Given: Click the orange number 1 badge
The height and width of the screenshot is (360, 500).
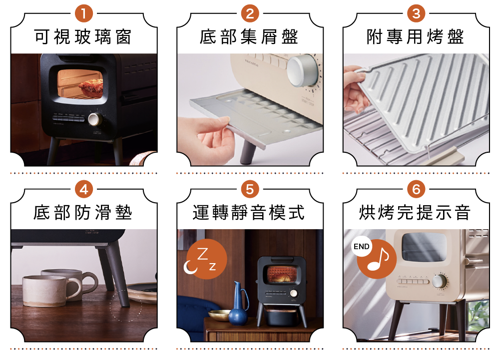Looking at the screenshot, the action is (x=83, y=13).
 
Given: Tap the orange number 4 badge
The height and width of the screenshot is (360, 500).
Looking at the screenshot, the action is (x=83, y=189).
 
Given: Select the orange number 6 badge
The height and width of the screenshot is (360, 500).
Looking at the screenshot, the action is (x=416, y=189).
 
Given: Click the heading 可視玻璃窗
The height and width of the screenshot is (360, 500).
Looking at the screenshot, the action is (x=83, y=37).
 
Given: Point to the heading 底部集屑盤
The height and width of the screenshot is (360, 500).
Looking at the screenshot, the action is (x=249, y=37).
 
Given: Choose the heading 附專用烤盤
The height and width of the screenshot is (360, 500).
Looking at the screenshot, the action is (x=415, y=37).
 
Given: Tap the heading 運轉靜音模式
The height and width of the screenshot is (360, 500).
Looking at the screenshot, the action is (x=249, y=213).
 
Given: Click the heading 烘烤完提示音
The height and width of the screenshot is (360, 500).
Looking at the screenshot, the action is (x=415, y=213).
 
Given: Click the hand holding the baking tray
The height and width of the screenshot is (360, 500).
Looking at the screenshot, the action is (x=356, y=89).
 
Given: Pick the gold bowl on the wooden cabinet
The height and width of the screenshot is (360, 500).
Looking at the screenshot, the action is (x=219, y=315).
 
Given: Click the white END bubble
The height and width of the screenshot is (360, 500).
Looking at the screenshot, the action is (x=361, y=247).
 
